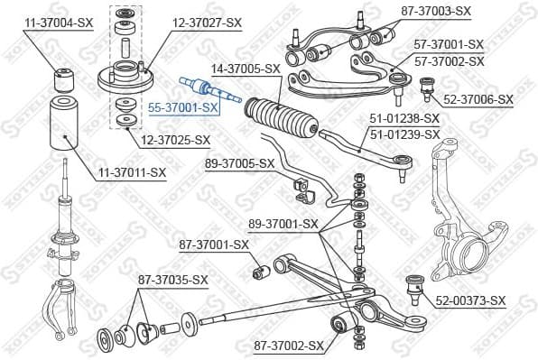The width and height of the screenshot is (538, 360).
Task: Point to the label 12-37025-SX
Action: [x=174, y=140]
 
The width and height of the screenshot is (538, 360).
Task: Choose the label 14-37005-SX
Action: [x=246, y=68]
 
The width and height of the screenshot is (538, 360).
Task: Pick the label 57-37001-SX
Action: [x=449, y=43]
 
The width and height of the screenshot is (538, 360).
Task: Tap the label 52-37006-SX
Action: [x=478, y=99]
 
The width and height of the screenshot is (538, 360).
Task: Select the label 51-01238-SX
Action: [x=404, y=118]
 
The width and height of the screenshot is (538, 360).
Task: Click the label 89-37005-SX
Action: [x=239, y=163]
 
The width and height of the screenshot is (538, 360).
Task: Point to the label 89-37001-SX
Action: [x=284, y=224]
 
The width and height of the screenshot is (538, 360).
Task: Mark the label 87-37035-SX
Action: [x=172, y=280]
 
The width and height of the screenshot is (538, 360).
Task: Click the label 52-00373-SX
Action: [x=471, y=300]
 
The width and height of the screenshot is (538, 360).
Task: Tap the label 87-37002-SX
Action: [x=288, y=346]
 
